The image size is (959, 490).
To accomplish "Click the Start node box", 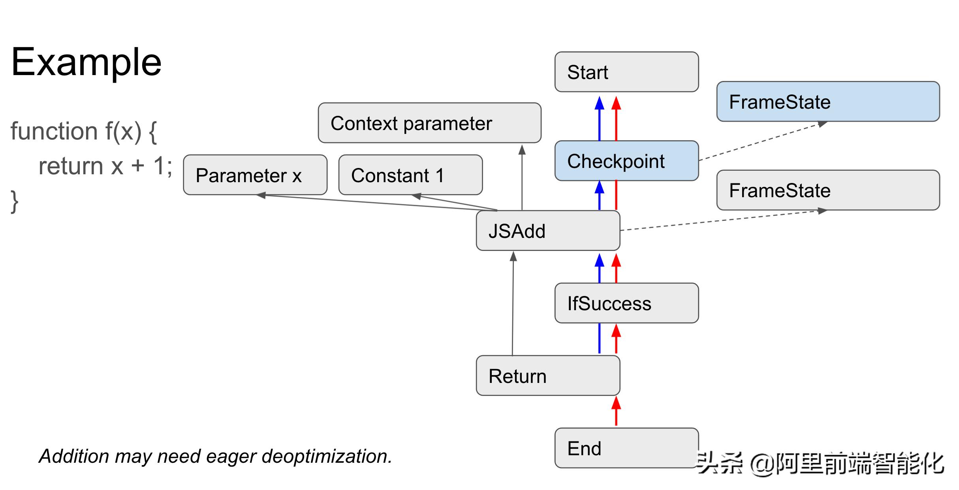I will point(626,72).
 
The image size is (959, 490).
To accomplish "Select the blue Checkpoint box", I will point(626,161).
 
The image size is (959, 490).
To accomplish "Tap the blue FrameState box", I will point(828,102).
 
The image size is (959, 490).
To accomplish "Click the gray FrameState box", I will point(828,190).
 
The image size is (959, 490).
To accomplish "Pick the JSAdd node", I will point(548,231).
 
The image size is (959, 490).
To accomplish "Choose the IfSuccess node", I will point(626,303).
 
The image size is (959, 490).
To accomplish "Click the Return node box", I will point(548,375).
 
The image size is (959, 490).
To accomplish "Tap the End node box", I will point(626,448).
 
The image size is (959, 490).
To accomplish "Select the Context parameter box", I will point(429,123).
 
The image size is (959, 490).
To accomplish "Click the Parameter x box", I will point(255,175).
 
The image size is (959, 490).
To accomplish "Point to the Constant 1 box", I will point(410,175).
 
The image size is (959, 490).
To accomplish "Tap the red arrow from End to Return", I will point(616,412).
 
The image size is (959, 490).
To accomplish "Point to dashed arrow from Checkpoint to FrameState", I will point(762,141).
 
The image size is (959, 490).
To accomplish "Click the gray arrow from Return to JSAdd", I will point(513,304).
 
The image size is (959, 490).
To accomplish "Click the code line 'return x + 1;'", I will point(105,166).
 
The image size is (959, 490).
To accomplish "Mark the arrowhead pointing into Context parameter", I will point(522,149).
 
